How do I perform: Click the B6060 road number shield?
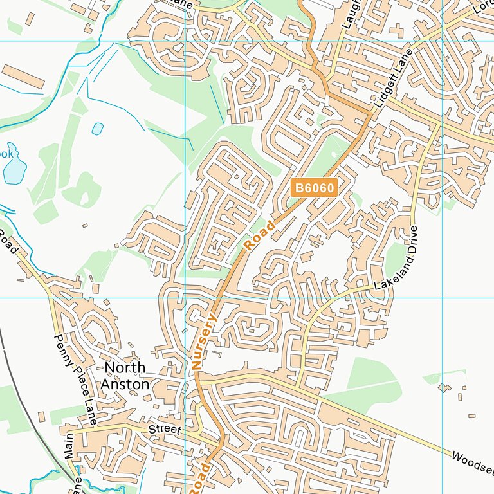[x=314, y=188]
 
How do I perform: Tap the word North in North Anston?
[x=125, y=368]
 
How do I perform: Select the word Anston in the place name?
[x=125, y=384]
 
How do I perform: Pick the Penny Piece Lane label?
[x=75, y=379]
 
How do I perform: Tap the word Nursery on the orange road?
[x=205, y=341]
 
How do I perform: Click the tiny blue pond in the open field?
[x=97, y=129]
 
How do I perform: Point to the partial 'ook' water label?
[x=6, y=154]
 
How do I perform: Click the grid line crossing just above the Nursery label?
[x=185, y=298]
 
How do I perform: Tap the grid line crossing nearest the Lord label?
[x=443, y=41]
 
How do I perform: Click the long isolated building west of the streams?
[x=23, y=77]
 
